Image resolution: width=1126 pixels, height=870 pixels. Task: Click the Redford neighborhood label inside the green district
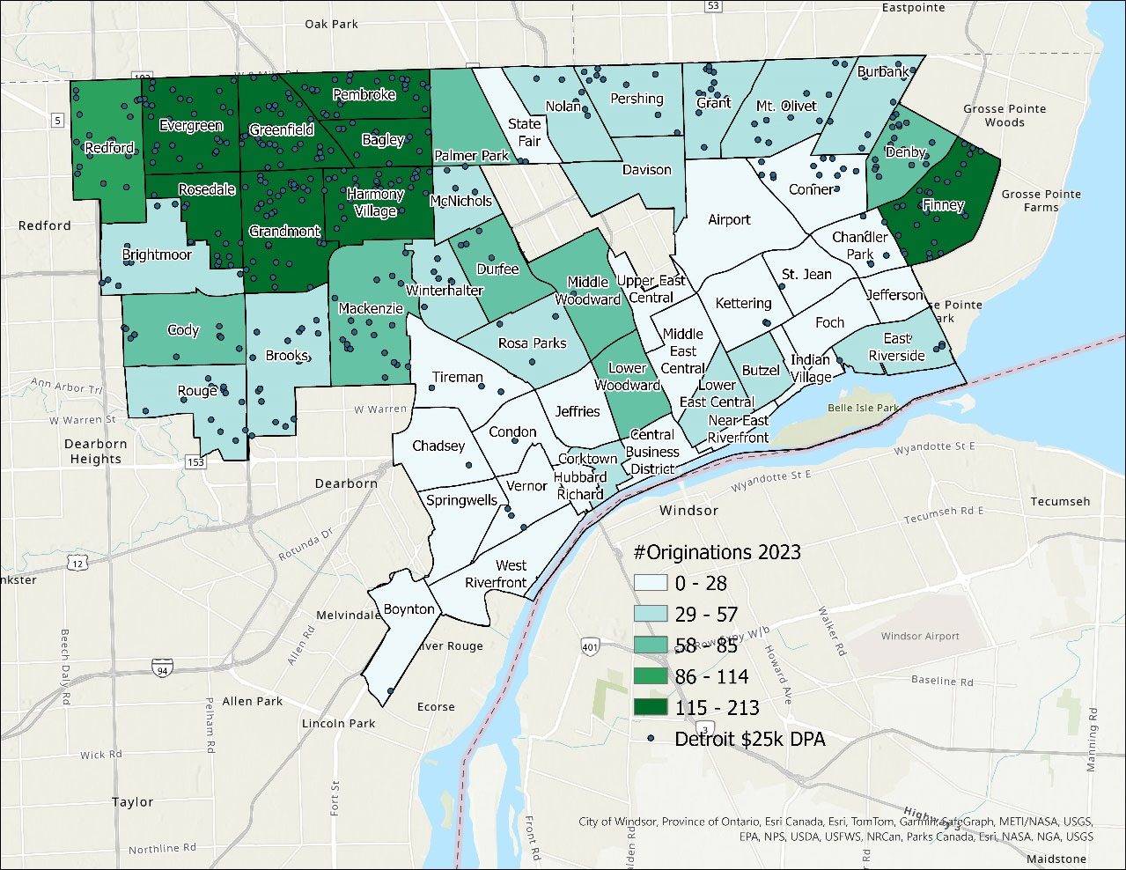(x=109, y=148)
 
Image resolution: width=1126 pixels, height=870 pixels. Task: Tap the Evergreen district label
(x=191, y=126)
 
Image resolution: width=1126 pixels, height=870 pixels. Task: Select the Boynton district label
(x=408, y=609)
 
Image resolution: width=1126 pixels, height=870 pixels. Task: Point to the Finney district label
(x=943, y=205)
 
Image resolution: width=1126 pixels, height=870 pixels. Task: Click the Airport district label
(x=729, y=219)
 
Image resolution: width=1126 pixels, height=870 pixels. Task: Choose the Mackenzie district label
(x=371, y=308)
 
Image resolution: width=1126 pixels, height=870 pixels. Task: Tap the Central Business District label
(x=652, y=452)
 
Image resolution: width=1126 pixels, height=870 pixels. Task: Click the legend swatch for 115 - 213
(x=651, y=708)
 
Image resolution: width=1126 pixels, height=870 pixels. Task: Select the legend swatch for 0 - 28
(x=651, y=583)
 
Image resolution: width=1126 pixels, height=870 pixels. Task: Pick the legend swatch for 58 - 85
(x=651, y=645)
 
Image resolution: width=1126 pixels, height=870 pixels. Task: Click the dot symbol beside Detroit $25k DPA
(x=651, y=739)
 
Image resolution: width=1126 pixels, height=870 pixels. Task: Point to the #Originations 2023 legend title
(x=717, y=552)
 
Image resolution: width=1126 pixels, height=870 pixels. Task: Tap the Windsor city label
(x=689, y=511)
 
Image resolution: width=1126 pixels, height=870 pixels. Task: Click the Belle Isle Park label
(x=863, y=409)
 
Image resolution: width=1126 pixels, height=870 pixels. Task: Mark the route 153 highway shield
(x=195, y=461)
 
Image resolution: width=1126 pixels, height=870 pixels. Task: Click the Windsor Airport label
(x=920, y=636)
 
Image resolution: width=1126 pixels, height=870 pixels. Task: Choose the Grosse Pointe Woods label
(x=1005, y=115)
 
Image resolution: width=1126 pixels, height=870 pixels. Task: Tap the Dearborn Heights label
(x=96, y=451)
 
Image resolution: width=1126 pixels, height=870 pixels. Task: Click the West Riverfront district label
(x=497, y=574)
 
